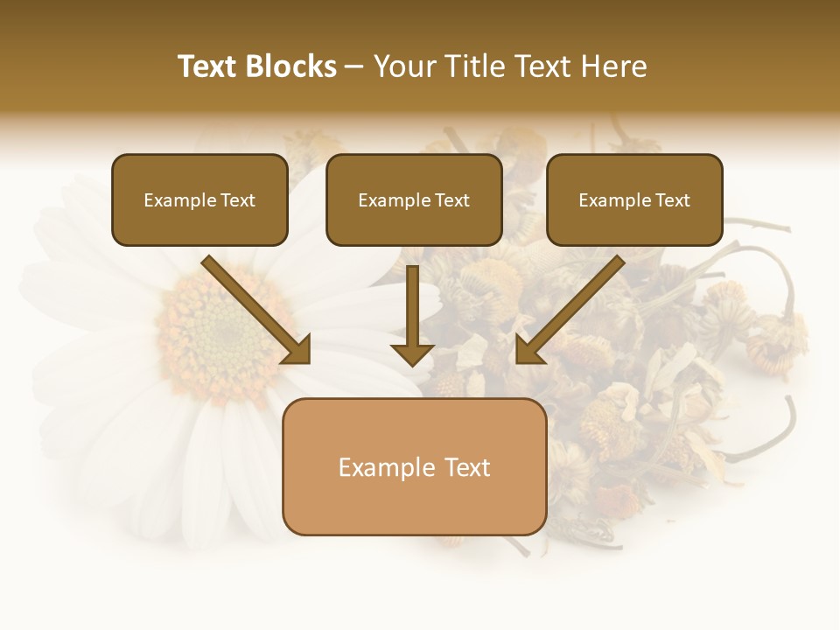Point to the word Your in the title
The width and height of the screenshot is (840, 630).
coord(403,66)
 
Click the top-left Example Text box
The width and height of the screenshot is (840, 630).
coord(199,200)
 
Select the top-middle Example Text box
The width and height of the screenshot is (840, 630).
coord(414,200)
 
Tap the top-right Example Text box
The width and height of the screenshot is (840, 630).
coord(634,200)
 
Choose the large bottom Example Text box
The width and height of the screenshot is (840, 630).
coord(414,466)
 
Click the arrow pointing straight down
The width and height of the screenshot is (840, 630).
coord(412,315)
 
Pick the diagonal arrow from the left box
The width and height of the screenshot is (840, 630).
coord(254,308)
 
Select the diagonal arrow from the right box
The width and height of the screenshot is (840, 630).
coord(570,308)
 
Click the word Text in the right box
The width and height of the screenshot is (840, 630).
coord(673,200)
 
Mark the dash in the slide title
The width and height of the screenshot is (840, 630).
coord(354,66)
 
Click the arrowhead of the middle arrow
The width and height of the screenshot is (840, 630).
coord(412,353)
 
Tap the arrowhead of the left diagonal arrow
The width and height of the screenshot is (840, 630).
coord(297,350)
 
